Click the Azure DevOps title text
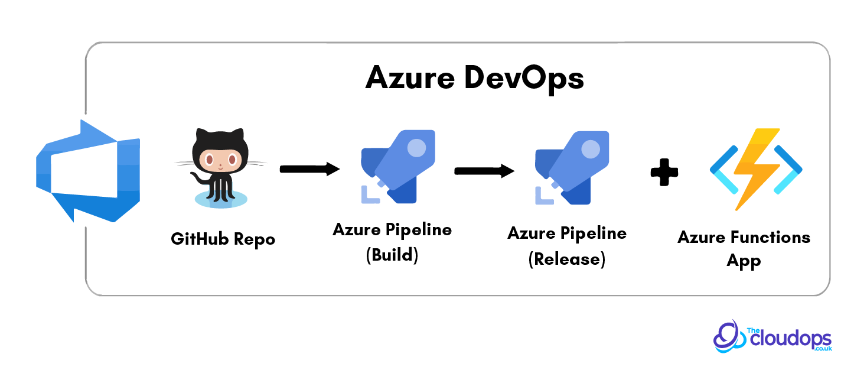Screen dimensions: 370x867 (x=475, y=77)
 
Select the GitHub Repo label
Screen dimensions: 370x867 (x=223, y=239)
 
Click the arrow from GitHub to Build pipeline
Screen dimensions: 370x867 (x=309, y=170)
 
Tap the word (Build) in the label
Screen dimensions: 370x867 (x=392, y=256)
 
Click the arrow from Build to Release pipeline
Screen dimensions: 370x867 (x=484, y=171)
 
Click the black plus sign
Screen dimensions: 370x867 (x=664, y=172)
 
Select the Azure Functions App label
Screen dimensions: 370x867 (x=744, y=248)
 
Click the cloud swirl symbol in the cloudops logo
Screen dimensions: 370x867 (x=729, y=337)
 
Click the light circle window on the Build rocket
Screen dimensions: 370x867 (x=416, y=148)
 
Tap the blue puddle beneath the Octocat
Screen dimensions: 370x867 (x=220, y=199)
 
